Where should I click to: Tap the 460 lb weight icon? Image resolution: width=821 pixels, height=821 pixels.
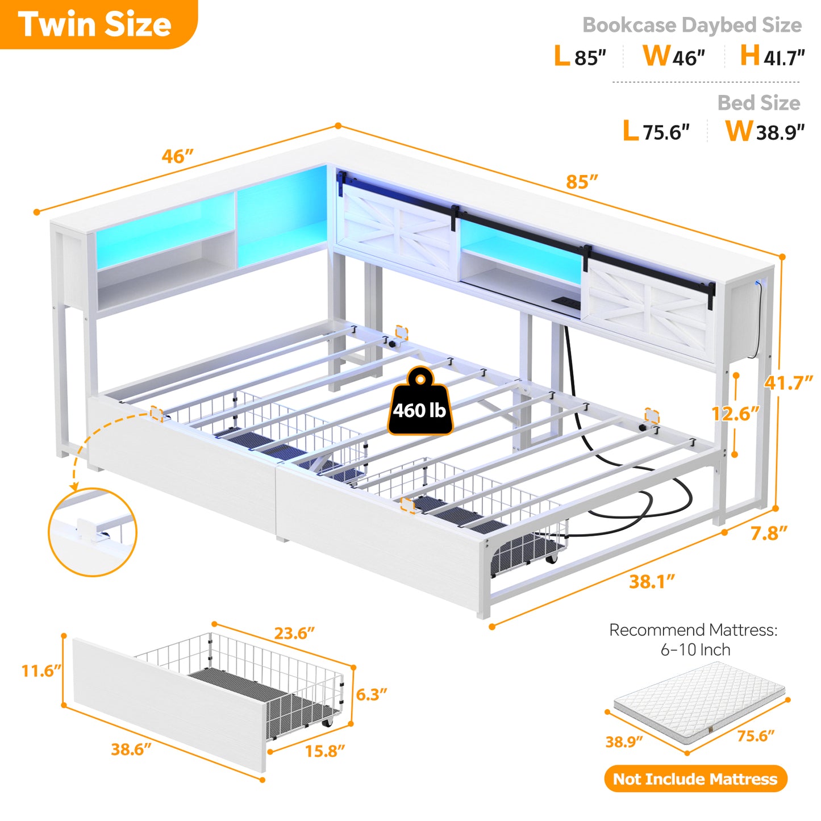(420, 401)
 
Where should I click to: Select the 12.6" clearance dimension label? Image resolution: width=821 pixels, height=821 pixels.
(735, 413)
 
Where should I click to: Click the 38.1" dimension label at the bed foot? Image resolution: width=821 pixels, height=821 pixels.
(652, 582)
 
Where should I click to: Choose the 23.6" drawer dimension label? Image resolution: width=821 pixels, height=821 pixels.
(294, 633)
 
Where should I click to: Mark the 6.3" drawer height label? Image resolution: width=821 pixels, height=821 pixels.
(371, 694)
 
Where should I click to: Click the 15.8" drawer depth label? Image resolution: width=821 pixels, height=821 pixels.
(325, 751)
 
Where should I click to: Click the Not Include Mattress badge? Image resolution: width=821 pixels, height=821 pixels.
(695, 779)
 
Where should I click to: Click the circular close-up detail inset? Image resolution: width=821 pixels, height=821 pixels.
(93, 532)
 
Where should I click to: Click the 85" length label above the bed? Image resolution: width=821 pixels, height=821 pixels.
(582, 182)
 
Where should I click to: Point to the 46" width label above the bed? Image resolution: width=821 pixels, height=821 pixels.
(177, 156)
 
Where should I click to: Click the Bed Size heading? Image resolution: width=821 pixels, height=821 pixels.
(759, 103)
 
